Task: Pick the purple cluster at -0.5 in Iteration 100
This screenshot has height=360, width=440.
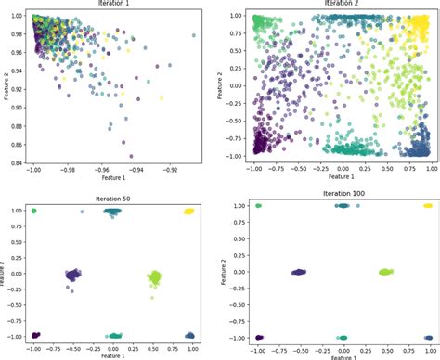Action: pyautogui.click(x=299, y=272)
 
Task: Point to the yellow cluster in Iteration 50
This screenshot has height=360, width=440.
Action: pyautogui.click(x=188, y=212)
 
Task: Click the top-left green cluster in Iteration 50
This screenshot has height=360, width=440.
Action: pyautogui.click(x=34, y=212)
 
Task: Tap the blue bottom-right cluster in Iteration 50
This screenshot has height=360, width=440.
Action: pyautogui.click(x=189, y=335)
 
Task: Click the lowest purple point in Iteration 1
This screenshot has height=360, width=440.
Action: pyautogui.click(x=131, y=156)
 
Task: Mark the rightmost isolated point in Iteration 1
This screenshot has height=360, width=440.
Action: pyautogui.click(x=193, y=35)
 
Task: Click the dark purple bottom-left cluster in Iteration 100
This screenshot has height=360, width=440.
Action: pyautogui.click(x=259, y=338)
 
